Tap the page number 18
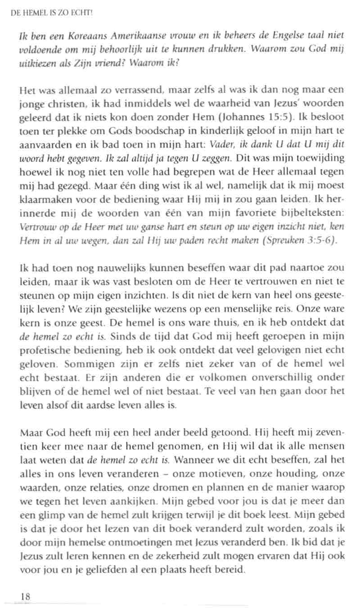25,596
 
